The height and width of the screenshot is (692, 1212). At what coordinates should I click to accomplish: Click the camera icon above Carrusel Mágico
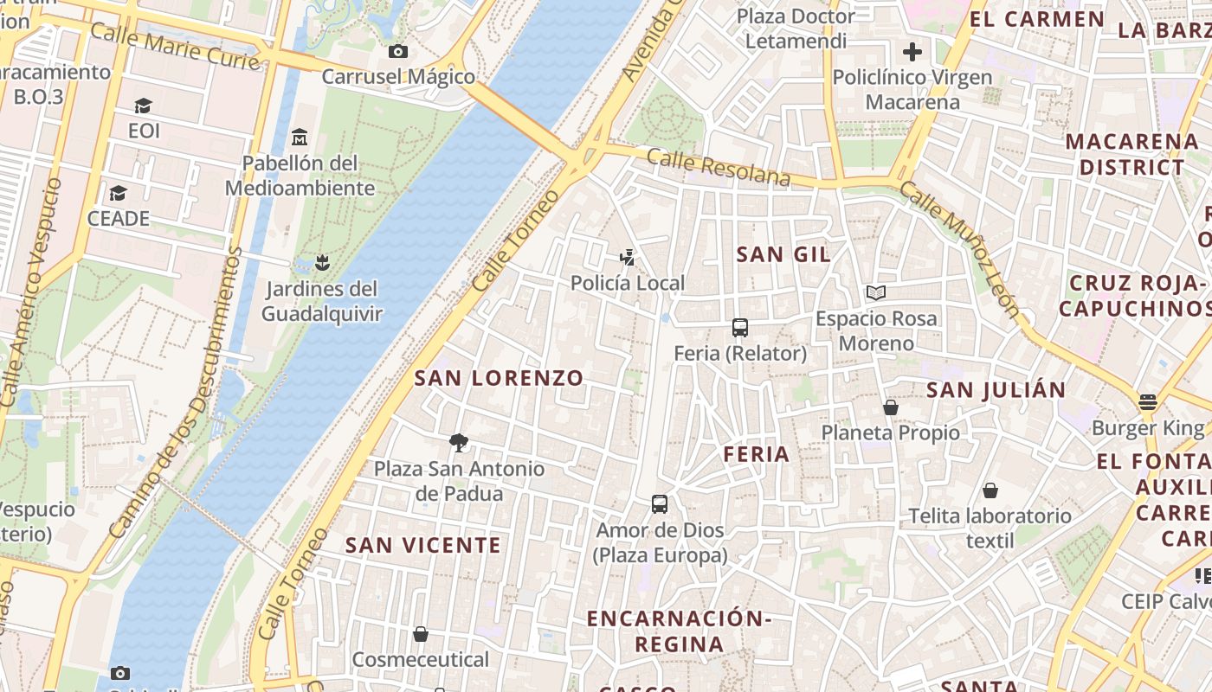click(x=398, y=51)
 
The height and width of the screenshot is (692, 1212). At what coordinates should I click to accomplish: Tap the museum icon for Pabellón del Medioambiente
click(x=300, y=137)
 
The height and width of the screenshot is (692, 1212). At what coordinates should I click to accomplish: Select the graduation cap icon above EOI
click(x=143, y=106)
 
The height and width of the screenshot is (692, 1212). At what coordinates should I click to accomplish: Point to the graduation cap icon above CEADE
click(x=118, y=193)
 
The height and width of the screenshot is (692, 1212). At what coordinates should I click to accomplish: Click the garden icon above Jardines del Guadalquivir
click(x=322, y=262)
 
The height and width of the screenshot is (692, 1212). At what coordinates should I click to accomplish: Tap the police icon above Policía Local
click(x=628, y=257)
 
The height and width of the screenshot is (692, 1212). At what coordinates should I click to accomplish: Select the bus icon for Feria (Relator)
click(x=740, y=328)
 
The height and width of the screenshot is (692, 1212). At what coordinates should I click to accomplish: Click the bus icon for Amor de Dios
click(x=660, y=504)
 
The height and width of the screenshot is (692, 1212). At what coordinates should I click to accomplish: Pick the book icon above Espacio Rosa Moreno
click(x=876, y=293)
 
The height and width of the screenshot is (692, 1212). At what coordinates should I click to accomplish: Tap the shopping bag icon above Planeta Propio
click(x=890, y=407)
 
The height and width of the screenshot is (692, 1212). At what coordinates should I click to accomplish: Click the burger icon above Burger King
click(x=1148, y=402)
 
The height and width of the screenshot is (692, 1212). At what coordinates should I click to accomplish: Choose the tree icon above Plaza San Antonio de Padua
click(x=459, y=444)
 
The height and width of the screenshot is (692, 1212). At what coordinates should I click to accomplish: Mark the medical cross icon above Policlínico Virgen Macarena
click(x=912, y=52)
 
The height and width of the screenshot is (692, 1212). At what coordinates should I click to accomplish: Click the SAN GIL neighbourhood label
click(x=783, y=254)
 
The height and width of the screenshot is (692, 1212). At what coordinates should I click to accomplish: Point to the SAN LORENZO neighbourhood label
click(x=500, y=378)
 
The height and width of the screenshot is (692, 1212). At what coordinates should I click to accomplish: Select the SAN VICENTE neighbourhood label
click(x=423, y=545)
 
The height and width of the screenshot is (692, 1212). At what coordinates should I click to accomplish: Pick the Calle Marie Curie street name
click(x=175, y=46)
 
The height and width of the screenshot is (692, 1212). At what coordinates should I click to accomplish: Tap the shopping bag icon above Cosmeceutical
click(x=421, y=635)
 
